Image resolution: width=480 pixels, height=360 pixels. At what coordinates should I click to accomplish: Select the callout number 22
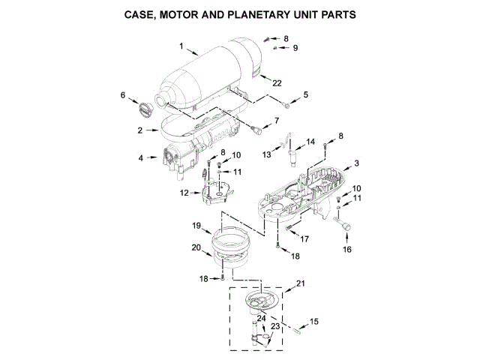[277, 82]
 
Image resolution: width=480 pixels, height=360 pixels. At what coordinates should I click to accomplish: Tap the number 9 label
[295, 47]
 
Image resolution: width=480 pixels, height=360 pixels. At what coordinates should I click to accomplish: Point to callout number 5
[305, 94]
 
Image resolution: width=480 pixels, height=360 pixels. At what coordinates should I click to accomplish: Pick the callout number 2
[140, 130]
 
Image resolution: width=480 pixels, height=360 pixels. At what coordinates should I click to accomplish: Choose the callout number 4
[140, 158]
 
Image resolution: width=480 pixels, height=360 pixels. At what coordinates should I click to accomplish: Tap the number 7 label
[276, 120]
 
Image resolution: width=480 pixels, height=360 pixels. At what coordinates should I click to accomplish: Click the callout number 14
[310, 141]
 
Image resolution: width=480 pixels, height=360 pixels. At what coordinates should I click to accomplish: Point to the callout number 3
[357, 163]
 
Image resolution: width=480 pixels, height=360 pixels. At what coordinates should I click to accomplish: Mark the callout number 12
[184, 193]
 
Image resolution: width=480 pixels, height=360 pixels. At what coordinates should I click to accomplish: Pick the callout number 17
[305, 238]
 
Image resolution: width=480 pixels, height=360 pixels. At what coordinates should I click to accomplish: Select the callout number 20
[196, 247]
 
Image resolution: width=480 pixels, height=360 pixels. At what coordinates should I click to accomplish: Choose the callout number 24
[262, 318]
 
